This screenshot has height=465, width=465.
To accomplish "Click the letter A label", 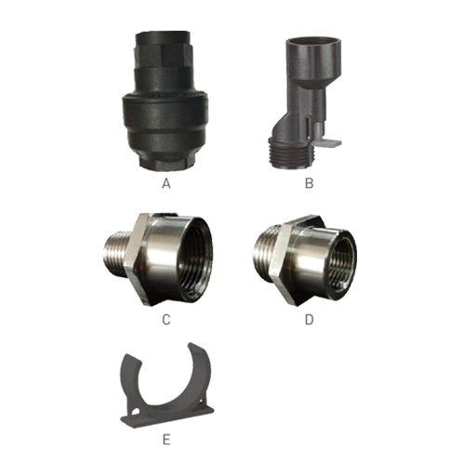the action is (x=166, y=184).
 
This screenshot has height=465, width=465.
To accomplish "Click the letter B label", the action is (x=309, y=183).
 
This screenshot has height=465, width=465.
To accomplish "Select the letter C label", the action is (x=166, y=320).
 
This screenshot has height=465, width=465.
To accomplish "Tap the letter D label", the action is (x=309, y=320).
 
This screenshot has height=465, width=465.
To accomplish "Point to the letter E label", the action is (x=166, y=440).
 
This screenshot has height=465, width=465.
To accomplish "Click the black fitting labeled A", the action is (x=165, y=100).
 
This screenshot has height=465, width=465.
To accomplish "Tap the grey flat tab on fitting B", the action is (x=328, y=143).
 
